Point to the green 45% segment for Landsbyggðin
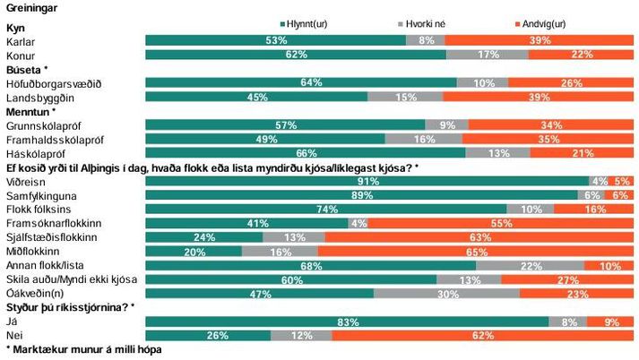[256, 97]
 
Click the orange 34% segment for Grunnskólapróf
[551, 124]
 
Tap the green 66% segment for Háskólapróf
[306, 152]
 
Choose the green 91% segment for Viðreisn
[367, 181]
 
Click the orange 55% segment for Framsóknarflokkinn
[502, 223]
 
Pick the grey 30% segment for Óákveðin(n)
[446, 293]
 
